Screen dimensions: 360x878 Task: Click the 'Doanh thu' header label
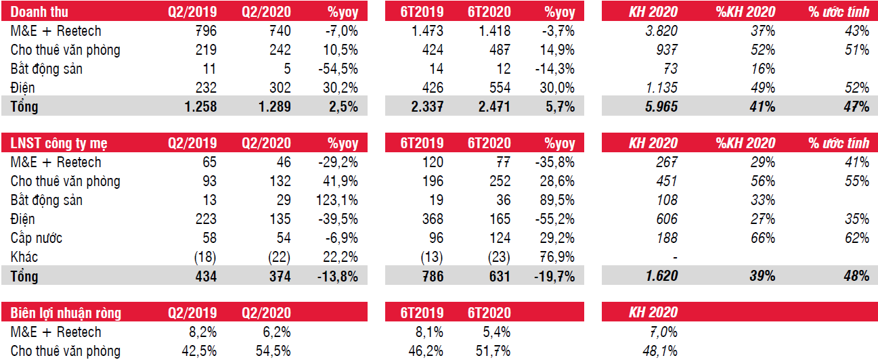point(40,12)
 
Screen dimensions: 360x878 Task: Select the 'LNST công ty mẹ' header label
point(59,143)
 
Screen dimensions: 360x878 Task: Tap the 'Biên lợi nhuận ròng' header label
point(66,313)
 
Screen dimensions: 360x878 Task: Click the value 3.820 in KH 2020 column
point(660,31)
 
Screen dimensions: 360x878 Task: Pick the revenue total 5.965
point(660,107)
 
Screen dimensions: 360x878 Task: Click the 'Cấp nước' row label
point(37,238)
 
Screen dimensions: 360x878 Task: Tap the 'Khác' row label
point(25,257)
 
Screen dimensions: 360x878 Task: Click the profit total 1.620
point(660,276)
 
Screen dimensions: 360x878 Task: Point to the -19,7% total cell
point(554,276)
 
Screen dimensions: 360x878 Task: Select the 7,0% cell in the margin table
point(663,332)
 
